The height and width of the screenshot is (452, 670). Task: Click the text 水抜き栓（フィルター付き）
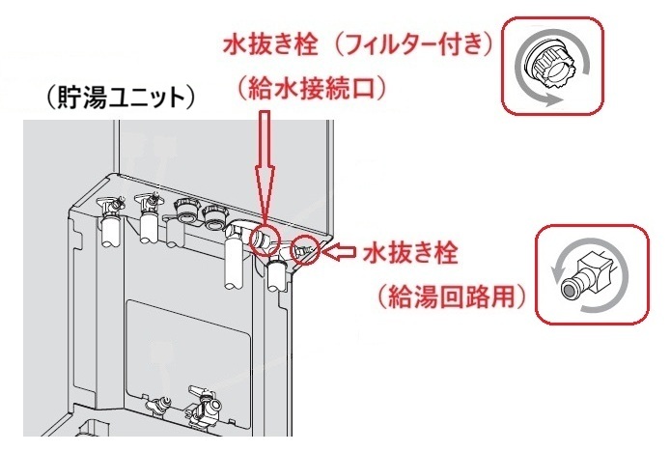coord(359,44)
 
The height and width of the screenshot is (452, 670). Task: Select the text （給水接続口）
coord(312,89)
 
